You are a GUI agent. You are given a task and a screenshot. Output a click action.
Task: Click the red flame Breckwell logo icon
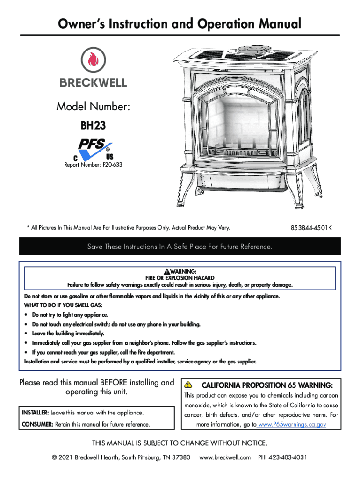(x=93, y=60)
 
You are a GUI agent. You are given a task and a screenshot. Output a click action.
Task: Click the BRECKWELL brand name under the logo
(x=93, y=83)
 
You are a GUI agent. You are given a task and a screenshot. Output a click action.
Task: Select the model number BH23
(x=93, y=125)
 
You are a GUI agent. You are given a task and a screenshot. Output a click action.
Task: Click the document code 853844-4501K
(x=311, y=228)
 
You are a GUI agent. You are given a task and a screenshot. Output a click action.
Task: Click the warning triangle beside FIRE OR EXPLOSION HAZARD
(x=166, y=272)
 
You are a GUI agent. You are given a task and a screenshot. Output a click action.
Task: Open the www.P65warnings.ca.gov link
(x=292, y=425)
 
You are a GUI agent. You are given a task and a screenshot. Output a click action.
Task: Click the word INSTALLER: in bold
(x=35, y=413)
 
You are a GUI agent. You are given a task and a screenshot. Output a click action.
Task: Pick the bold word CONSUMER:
(x=37, y=425)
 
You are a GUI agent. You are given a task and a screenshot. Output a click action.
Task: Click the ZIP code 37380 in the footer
(x=181, y=457)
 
